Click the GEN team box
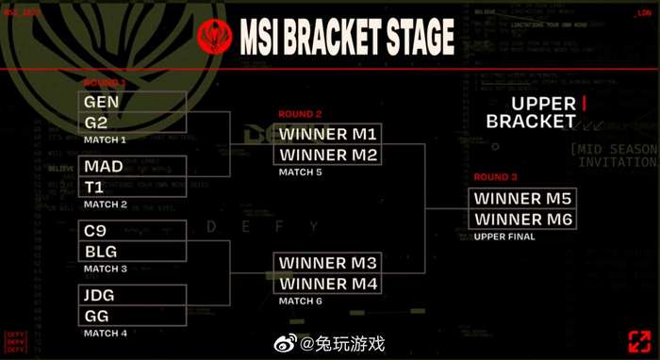coord(133,102)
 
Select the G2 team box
coord(133,122)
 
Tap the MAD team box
coord(133,167)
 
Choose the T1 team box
coord(133,187)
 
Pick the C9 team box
coord(133,231)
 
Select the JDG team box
coord(133,296)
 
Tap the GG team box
coord(133,316)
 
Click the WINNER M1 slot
coord(328,134)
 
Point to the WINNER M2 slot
coord(328,155)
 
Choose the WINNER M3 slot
coord(328,263)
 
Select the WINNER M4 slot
coord(328,283)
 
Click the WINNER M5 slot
coord(522,199)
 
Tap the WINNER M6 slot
coord(522,220)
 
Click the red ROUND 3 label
coord(495,177)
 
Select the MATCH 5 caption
coord(301,172)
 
